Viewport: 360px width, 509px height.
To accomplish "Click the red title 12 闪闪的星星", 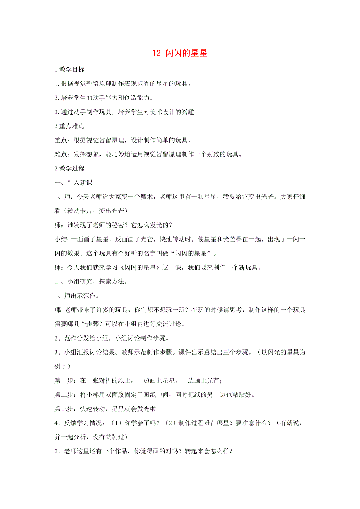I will pos(180,54).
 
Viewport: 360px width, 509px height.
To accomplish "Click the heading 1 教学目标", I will pos(69,70).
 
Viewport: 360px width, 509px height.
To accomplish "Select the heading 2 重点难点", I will pos(69,126).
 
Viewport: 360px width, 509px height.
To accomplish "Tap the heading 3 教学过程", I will pos(69,169).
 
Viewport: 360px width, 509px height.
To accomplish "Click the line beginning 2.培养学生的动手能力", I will pos(104,98).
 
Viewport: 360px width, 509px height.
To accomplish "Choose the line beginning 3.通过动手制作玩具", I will pos(125,112).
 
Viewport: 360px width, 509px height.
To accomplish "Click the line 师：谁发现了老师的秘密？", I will pos(113,225).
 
